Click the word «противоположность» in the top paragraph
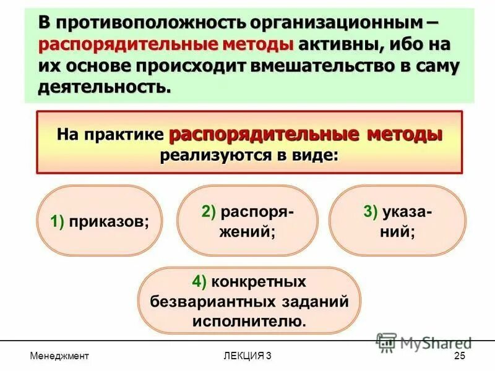tap(148, 23)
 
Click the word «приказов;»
tap(109, 222)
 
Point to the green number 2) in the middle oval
tap(209, 211)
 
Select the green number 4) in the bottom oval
tap(199, 282)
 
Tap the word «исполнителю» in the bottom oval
tap(247, 322)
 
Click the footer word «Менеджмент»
tap(59, 356)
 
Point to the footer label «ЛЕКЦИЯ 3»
tap(247, 356)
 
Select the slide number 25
tap(459, 356)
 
